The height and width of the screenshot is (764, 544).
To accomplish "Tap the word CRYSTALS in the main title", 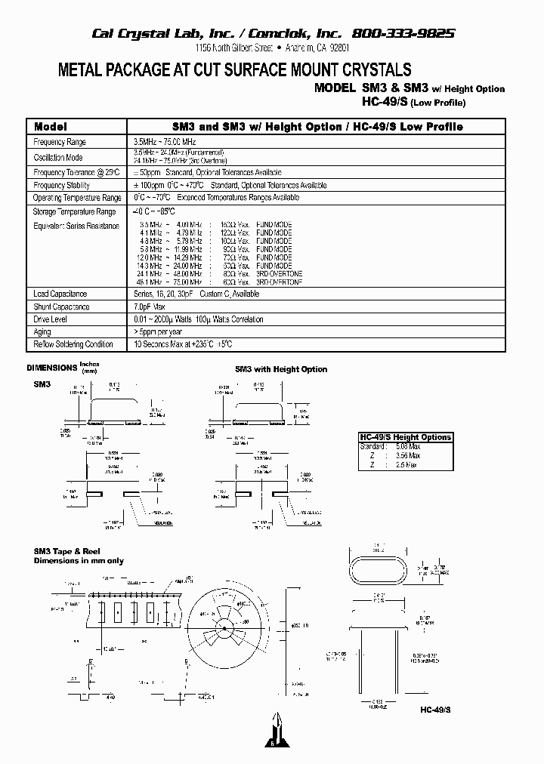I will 368,70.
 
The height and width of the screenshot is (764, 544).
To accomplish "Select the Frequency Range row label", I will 60,142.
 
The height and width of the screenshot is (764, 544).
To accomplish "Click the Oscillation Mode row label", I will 58,157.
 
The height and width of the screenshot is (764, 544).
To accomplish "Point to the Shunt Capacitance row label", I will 62,307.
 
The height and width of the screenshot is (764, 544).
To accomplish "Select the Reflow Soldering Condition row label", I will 73,344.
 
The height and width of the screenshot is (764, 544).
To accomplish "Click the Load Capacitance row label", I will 60,294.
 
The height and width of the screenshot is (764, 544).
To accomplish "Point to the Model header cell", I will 51,127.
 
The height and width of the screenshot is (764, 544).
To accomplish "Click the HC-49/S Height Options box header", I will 406,437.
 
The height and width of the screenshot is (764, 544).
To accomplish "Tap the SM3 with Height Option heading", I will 281,369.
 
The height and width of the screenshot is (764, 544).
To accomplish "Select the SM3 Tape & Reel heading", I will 67,552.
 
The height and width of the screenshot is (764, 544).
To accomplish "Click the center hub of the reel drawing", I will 225,628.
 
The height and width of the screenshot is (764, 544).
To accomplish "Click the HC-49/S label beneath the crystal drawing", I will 436,710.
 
